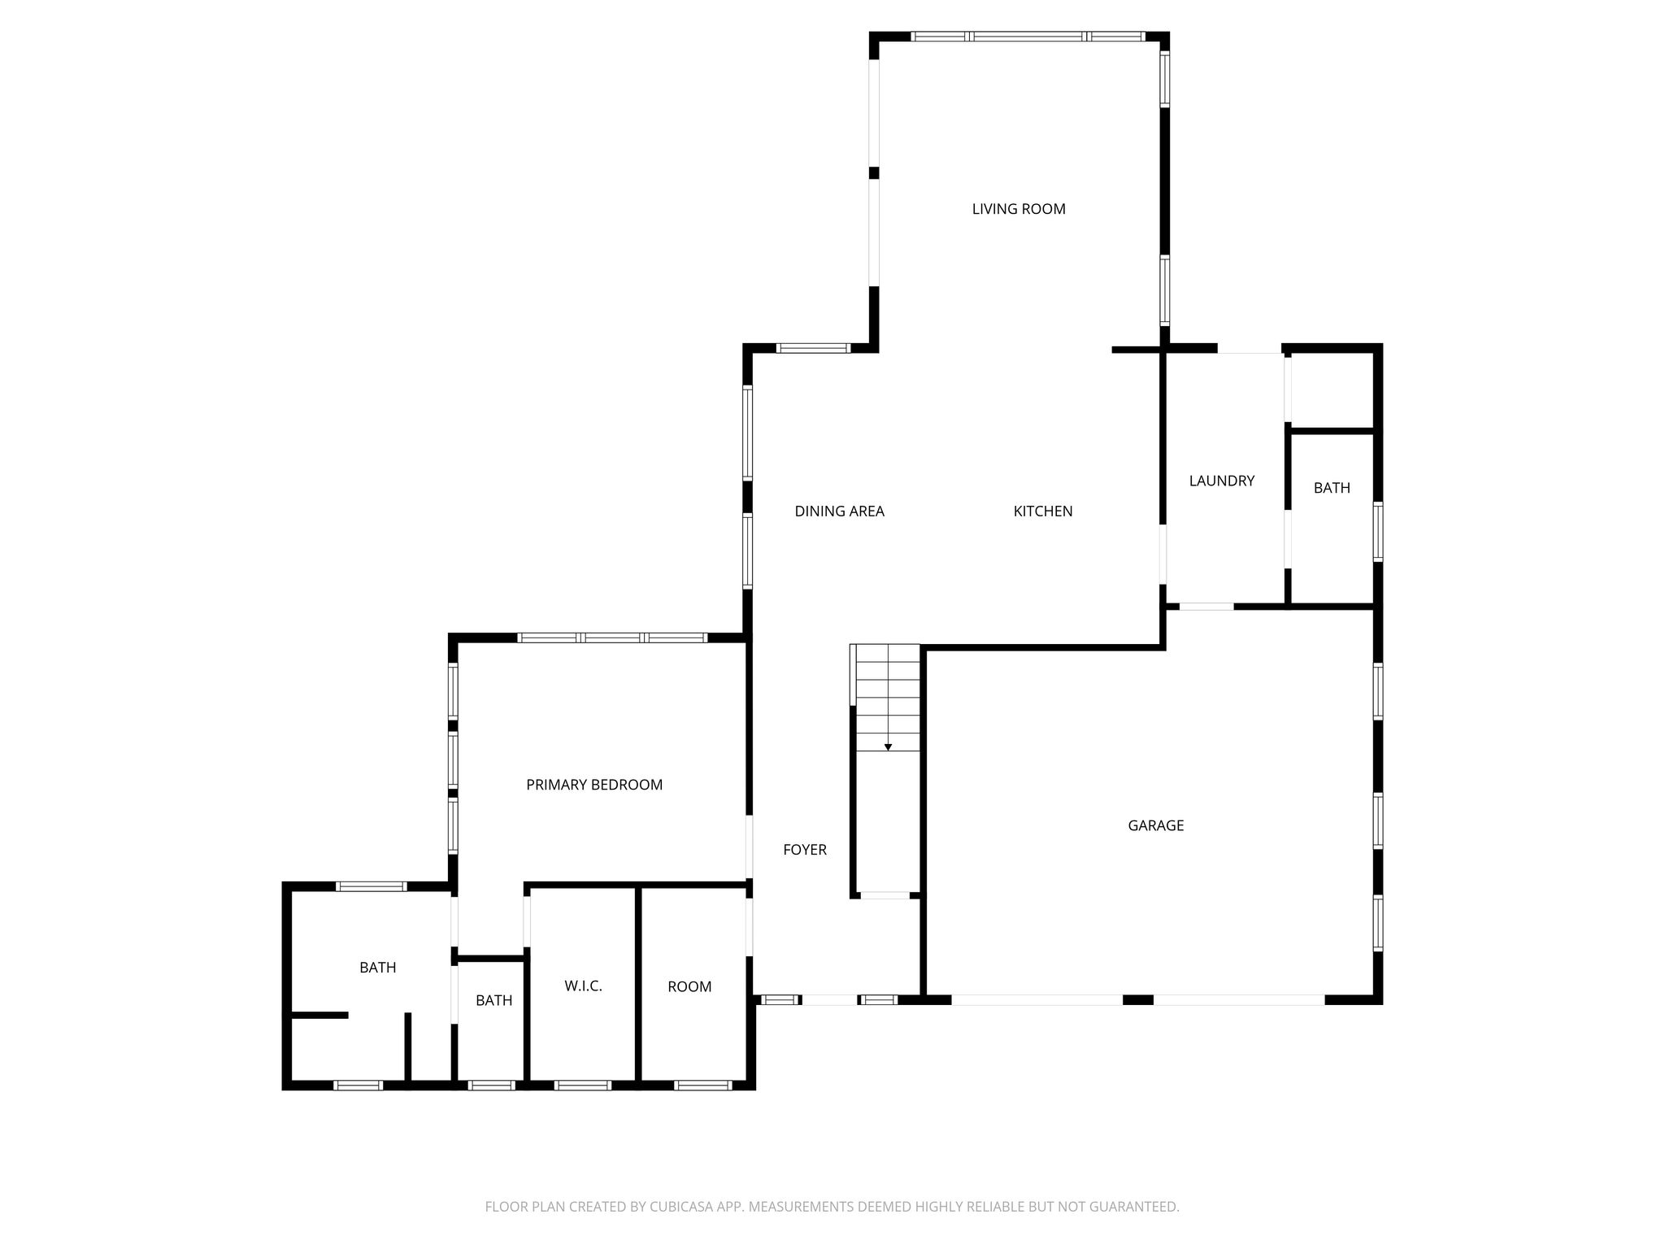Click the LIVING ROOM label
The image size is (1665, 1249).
(x=1019, y=209)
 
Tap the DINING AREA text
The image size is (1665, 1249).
(x=839, y=511)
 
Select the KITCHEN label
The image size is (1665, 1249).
(x=1043, y=511)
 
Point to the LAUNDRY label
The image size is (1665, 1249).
(x=1222, y=481)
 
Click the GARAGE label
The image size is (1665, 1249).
(x=1155, y=825)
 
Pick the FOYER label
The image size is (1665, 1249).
(x=805, y=850)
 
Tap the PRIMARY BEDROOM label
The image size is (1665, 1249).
(x=594, y=785)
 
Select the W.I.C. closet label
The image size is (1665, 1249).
(x=583, y=986)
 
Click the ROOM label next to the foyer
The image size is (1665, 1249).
(x=689, y=987)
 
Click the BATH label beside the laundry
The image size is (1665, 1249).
(x=1332, y=488)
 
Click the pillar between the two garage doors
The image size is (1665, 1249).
(x=1138, y=999)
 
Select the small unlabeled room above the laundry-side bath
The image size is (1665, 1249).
(x=1330, y=390)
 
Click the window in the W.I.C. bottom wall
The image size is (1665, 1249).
(x=582, y=1085)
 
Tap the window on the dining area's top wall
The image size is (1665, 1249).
(x=813, y=348)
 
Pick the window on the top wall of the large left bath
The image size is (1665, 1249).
(x=371, y=886)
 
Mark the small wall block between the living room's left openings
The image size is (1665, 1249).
(x=874, y=173)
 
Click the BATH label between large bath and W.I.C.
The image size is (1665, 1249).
(x=493, y=1001)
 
